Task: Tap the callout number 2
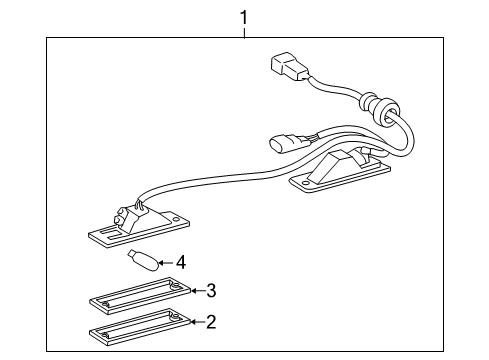[x=211, y=322]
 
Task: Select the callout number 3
[x=211, y=291]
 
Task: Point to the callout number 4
[x=181, y=263]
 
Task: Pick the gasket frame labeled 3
[x=137, y=298]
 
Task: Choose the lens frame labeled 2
[x=136, y=328]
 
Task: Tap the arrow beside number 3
[x=194, y=291]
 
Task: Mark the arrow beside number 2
[x=194, y=322]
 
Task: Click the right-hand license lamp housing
[x=335, y=171]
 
